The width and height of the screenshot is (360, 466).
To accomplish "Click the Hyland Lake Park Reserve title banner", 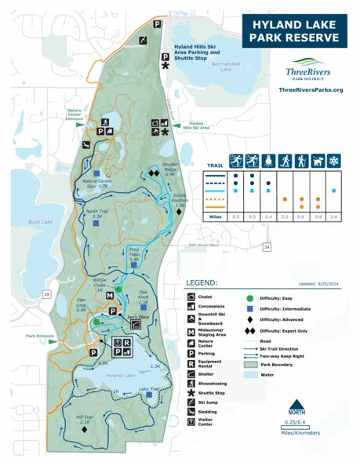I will (x=294, y=29).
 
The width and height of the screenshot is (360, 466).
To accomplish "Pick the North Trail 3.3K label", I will (x=97, y=213).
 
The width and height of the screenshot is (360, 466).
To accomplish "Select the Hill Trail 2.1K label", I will (x=85, y=421).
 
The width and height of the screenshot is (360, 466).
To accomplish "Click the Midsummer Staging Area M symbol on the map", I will (x=110, y=295).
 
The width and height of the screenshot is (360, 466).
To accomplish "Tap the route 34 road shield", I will (x=266, y=247).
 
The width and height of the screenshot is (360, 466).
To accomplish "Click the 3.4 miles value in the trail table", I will (x=333, y=215).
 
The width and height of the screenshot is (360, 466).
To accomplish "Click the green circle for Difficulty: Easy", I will (x=250, y=298).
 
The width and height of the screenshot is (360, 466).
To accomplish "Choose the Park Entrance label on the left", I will (x=39, y=336).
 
